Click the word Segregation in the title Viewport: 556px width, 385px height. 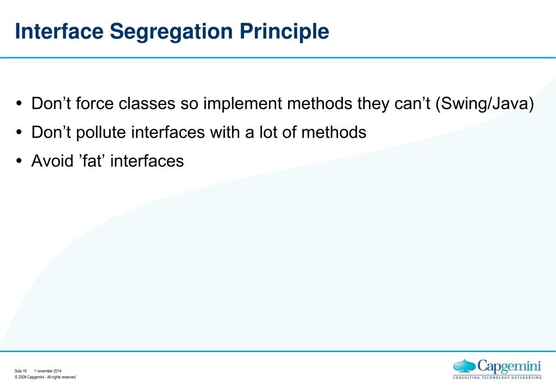click(x=171, y=32)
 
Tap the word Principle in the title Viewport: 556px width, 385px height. click(x=284, y=32)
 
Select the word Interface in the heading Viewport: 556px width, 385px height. click(x=59, y=31)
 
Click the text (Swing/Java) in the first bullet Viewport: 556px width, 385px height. click(x=485, y=104)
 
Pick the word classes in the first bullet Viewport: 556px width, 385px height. click(x=147, y=104)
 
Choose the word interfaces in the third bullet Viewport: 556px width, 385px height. click(x=147, y=161)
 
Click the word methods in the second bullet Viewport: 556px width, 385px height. click(x=334, y=132)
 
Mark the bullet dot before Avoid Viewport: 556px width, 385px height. click(x=19, y=161)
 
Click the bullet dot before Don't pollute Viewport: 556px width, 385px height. click(x=19, y=132)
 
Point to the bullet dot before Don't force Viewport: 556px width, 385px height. click(x=19, y=104)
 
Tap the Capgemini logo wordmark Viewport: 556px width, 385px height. click(x=509, y=367)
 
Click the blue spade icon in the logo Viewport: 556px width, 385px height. click(x=465, y=366)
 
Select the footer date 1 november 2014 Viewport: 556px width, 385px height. click(x=48, y=371)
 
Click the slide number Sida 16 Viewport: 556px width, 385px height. click(x=21, y=371)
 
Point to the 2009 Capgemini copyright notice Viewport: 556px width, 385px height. click(x=45, y=377)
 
